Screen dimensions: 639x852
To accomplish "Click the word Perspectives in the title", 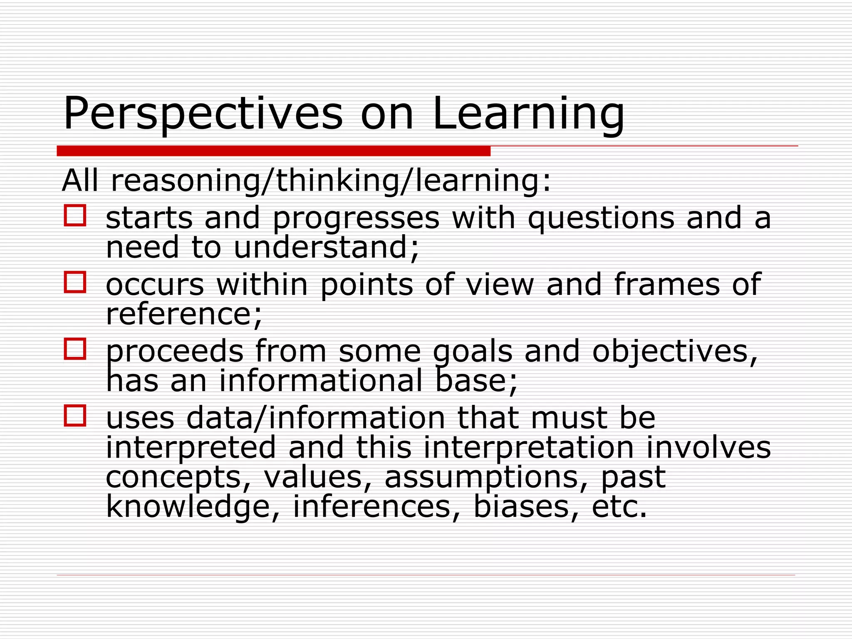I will click(x=203, y=114).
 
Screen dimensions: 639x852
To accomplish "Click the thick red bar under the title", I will click(x=273, y=151).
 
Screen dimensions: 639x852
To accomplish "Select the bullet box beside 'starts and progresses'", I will click(x=75, y=215).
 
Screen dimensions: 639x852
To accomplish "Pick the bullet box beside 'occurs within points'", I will click(x=75, y=282).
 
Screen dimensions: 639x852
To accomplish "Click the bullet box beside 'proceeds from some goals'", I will click(x=75, y=349).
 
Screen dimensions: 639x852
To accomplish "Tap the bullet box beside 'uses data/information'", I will click(x=75, y=415).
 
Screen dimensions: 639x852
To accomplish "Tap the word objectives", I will click(x=674, y=352).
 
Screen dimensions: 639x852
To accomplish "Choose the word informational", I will click(x=321, y=381).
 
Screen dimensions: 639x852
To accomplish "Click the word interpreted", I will click(x=191, y=448).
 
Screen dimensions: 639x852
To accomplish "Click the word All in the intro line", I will click(x=80, y=181).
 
